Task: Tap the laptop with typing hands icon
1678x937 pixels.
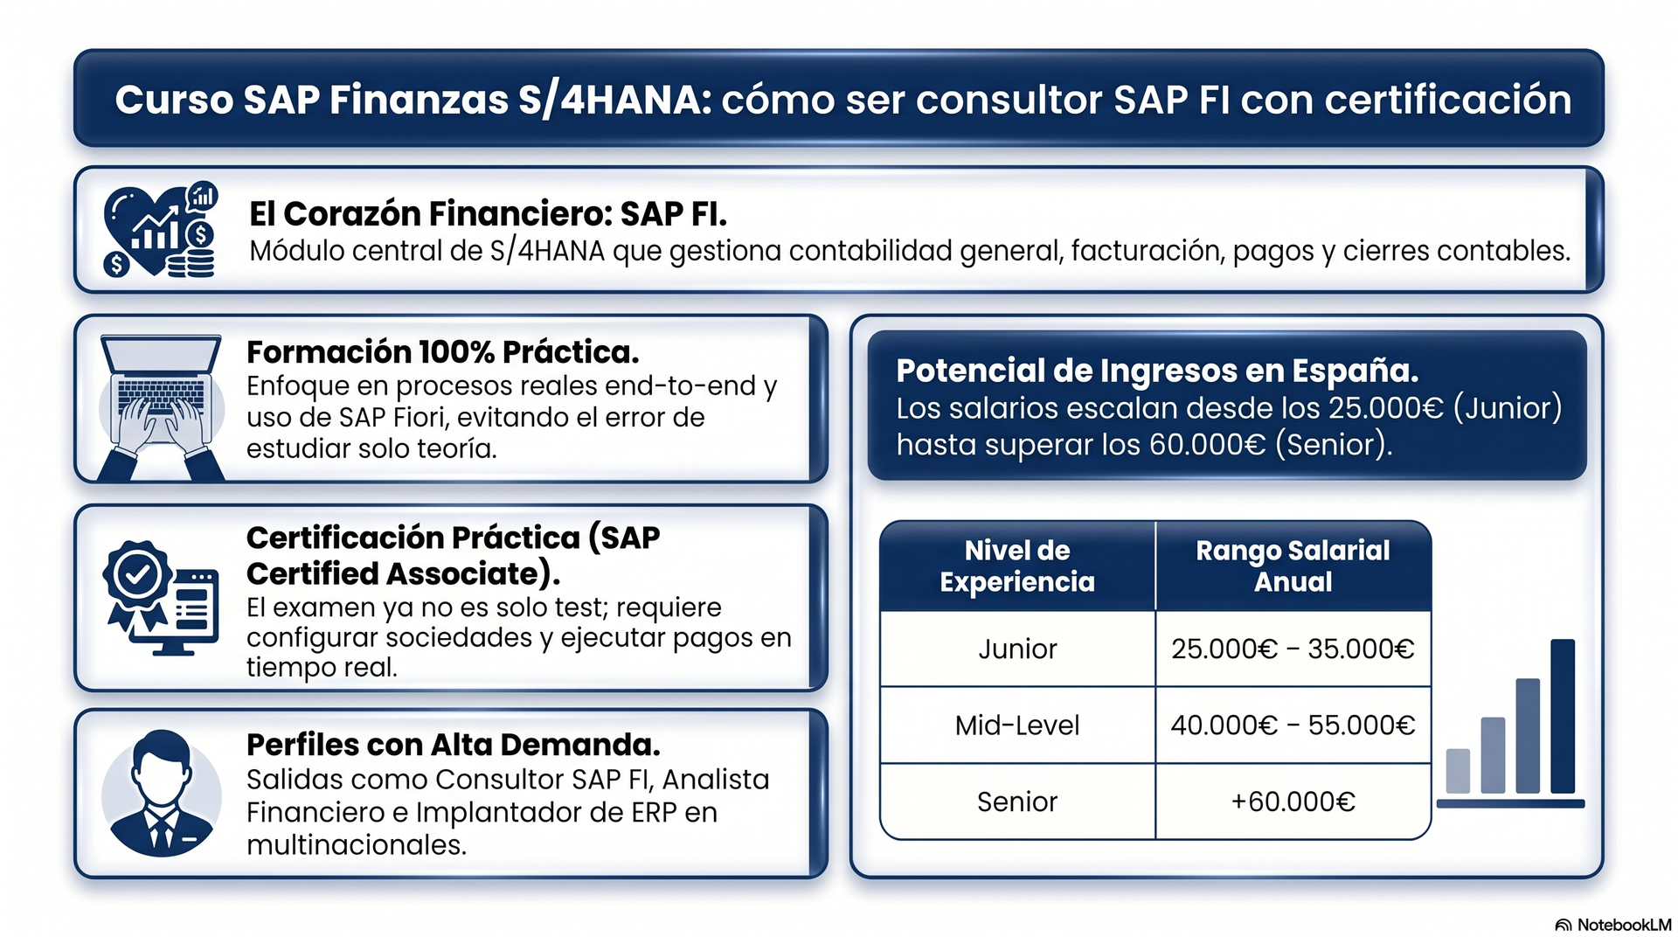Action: coord(161,407)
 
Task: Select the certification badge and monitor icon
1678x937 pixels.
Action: coord(161,598)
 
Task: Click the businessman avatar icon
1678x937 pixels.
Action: coord(161,793)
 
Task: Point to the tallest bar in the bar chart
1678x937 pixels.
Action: coord(1563,717)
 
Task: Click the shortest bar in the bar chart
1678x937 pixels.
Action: coord(1458,771)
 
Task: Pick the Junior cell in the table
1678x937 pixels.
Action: coord(1017,649)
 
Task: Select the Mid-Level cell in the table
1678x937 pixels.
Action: coord(1017,725)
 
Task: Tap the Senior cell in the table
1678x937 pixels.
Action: coord(1017,802)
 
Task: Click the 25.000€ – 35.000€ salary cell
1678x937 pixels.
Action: coord(1293,649)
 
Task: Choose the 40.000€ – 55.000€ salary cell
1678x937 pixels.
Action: coord(1293,725)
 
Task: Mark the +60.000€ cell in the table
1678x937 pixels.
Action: coord(1293,802)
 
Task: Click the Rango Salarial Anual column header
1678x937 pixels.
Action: coord(1293,566)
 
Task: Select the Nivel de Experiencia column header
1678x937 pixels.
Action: coord(1017,566)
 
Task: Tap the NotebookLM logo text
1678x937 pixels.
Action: coord(1624,925)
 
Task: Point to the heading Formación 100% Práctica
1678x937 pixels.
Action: coord(443,352)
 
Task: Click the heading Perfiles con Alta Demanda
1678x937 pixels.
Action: coord(454,745)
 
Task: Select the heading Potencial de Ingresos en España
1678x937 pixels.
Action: coord(1157,371)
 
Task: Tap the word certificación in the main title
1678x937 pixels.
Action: coord(1448,100)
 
